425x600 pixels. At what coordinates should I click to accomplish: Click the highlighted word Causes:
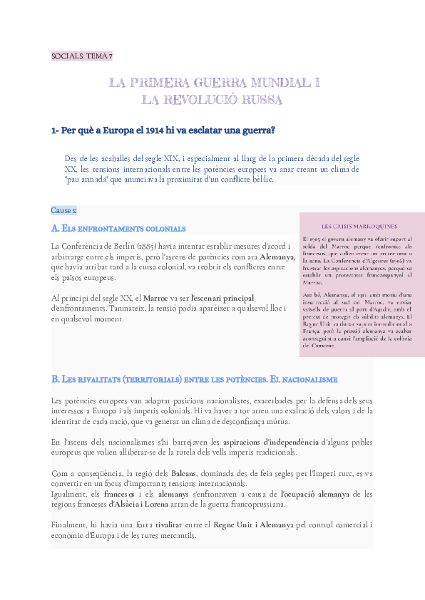click(x=64, y=210)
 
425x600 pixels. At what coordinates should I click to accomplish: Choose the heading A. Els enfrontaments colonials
click(x=118, y=229)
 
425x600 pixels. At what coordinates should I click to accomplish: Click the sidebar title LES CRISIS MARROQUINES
click(x=359, y=226)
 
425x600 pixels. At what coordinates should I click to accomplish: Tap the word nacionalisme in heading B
click(x=311, y=378)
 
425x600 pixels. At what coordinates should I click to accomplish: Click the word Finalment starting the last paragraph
click(x=70, y=525)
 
